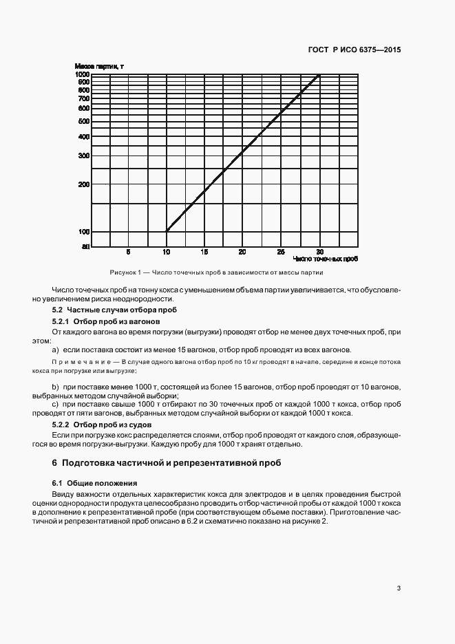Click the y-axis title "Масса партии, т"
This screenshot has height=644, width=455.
click(x=99, y=66)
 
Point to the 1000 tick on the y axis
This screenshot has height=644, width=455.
click(x=83, y=74)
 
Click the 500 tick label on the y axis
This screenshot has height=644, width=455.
click(x=84, y=121)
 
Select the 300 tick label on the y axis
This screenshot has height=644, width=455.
click(x=84, y=155)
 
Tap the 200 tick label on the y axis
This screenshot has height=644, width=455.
click(x=84, y=184)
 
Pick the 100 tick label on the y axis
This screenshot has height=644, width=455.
click(x=84, y=231)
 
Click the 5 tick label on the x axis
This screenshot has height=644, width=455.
click(x=128, y=252)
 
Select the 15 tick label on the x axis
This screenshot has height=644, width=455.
click(x=204, y=252)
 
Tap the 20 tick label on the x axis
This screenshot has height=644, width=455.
click(x=242, y=252)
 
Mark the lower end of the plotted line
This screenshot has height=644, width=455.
click(x=167, y=231)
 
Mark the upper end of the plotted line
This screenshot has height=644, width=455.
click(x=319, y=74)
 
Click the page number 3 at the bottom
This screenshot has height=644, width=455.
click(x=399, y=588)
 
